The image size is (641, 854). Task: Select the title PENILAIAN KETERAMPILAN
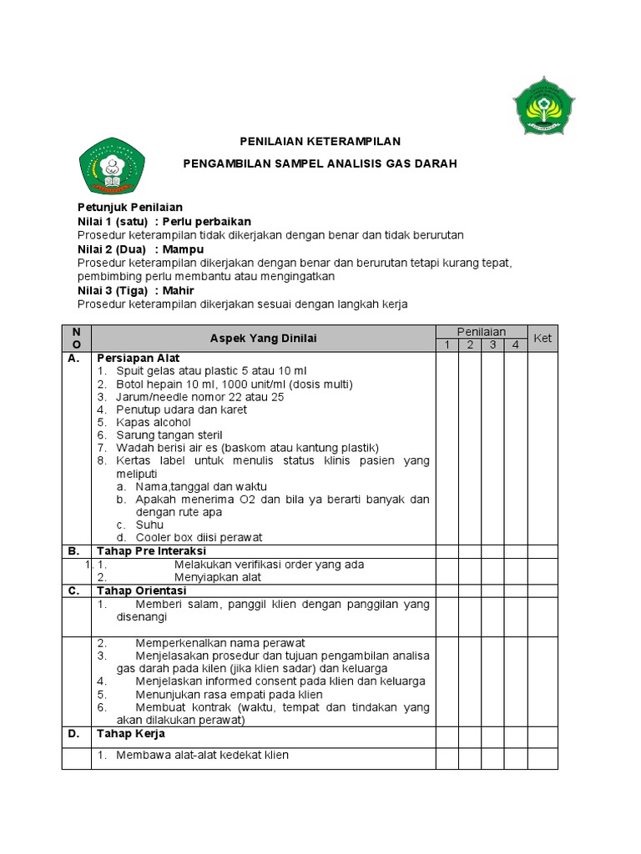[320, 142]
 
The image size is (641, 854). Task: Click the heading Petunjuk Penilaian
[129, 207]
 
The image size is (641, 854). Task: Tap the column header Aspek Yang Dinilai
[263, 338]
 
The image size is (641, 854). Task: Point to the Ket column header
[543, 338]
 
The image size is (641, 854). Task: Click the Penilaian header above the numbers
[481, 332]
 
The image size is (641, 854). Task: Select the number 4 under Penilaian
[515, 344]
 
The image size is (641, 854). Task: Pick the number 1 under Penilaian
[447, 344]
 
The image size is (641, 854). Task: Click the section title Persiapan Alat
[139, 358]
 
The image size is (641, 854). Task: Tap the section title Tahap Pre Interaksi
[151, 551]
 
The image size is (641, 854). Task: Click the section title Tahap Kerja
[131, 734]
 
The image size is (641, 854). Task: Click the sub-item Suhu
[149, 525]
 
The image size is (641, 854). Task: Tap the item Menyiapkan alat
[218, 577]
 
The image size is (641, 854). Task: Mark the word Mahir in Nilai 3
[179, 290]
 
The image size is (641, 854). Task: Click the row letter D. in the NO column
[73, 734]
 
